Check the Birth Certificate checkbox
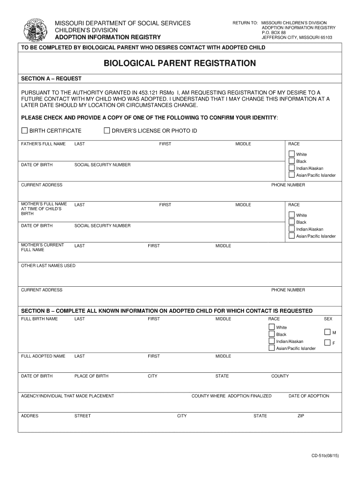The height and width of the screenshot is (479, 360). tap(25, 131)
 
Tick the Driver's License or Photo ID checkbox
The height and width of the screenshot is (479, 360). tap(107, 131)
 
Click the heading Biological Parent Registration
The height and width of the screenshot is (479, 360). tap(180, 63)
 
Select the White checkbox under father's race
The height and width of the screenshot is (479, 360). tap(292, 154)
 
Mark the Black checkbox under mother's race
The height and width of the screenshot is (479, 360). tap(292, 222)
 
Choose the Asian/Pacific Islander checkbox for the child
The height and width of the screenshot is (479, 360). tap(272, 348)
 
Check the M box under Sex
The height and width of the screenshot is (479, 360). tap(327, 333)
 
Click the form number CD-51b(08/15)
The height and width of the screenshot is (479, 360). tap(326, 455)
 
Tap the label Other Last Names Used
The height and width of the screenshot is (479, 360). tap(48, 266)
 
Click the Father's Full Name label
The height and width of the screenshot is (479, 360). tap(43, 144)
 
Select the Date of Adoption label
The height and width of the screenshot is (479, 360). tap(309, 396)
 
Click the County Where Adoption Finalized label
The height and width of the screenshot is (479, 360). tap(231, 396)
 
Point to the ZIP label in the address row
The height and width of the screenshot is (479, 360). tap(301, 416)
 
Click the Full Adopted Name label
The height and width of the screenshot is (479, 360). tap(43, 356)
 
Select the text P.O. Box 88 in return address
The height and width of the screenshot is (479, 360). tap(274, 33)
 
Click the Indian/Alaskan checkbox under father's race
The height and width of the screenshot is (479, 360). tap(292, 168)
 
